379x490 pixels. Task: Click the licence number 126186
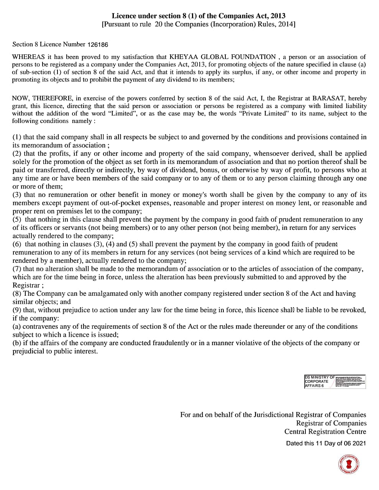tap(98, 45)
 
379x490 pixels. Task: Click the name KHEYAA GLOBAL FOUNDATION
tap(222, 57)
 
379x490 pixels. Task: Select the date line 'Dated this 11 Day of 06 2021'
tap(326, 443)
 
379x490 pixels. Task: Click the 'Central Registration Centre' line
tap(325, 432)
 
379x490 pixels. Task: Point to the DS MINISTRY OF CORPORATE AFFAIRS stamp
tap(335, 382)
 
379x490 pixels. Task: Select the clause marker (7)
tap(17, 269)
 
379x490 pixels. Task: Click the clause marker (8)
tap(17, 293)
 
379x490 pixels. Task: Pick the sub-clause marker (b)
tap(17, 343)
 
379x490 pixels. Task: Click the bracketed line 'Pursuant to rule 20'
tap(198, 24)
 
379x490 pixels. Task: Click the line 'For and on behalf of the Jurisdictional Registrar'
tap(273, 415)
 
